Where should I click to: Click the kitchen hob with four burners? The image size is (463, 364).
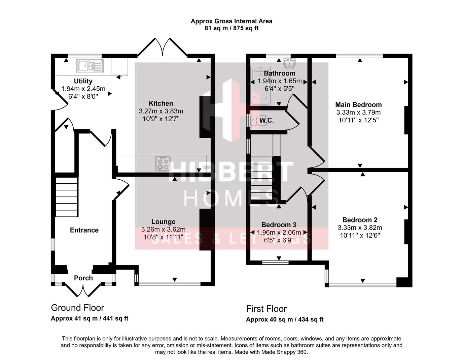[163, 164]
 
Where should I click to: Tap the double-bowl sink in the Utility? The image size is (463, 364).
[90, 66]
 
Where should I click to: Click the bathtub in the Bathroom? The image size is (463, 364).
[260, 86]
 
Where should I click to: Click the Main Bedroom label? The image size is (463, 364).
[358, 104]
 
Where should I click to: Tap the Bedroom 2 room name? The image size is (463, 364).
[360, 220]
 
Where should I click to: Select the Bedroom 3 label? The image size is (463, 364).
[279, 225]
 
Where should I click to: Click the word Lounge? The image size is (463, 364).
[163, 222]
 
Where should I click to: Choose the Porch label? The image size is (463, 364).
[83, 278]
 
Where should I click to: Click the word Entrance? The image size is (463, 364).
[84, 230]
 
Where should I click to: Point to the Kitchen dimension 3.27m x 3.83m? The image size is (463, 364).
[161, 111]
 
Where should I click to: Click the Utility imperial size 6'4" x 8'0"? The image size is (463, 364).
[83, 96]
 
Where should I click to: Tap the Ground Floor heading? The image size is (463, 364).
[77, 308]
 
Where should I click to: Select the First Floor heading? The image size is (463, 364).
[266, 309]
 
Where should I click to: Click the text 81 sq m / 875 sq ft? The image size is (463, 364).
[231, 28]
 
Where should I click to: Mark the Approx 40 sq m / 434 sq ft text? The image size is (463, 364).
[285, 320]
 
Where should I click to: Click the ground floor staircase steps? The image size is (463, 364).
[66, 197]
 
